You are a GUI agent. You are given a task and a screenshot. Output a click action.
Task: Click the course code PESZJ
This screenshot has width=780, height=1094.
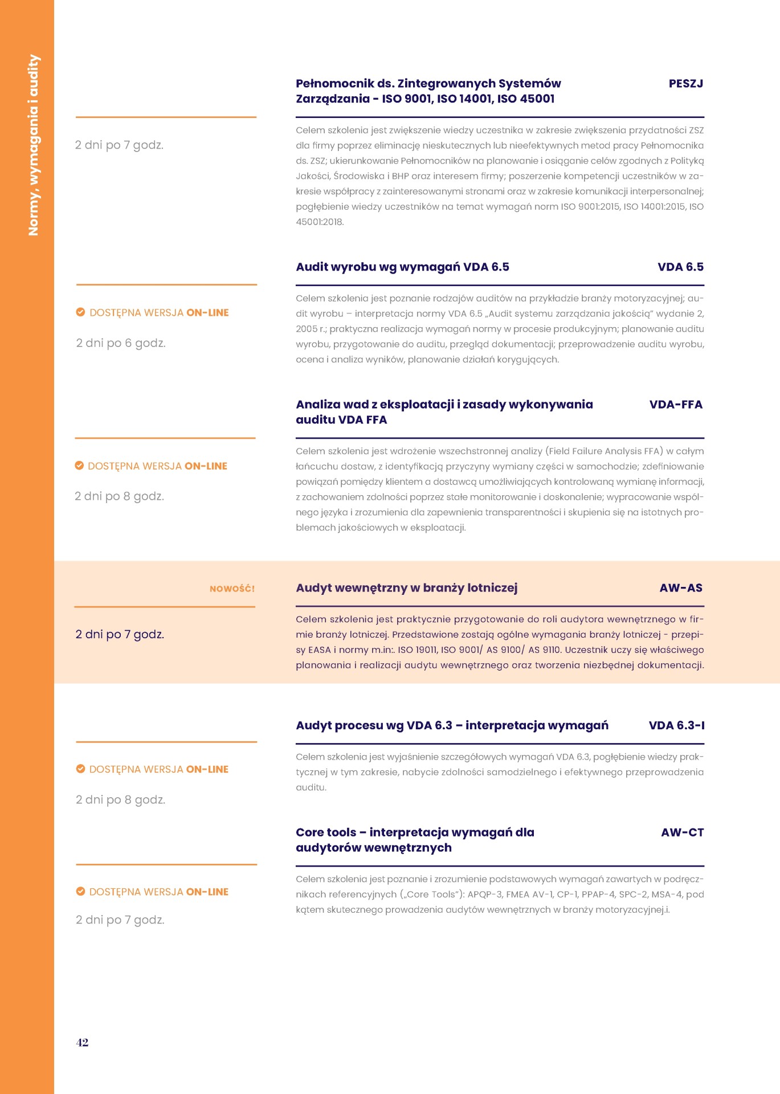[x=685, y=84]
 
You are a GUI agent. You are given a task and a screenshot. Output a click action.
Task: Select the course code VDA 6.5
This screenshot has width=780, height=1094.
[x=680, y=267]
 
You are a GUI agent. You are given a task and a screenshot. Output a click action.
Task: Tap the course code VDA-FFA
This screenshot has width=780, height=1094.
[x=676, y=405]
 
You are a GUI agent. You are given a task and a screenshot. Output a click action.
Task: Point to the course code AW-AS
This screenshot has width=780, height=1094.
[x=681, y=588]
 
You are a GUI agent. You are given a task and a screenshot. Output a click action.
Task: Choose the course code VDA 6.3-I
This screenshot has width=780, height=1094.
[x=676, y=725]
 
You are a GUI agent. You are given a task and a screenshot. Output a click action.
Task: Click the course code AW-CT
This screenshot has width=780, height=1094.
[x=682, y=832]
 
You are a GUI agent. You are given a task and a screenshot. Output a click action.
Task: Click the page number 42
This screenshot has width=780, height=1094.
[x=82, y=1042]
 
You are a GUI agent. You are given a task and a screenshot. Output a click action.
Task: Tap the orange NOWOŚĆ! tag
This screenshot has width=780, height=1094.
[x=232, y=589]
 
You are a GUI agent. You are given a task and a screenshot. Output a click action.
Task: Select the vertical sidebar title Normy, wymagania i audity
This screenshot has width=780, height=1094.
[x=34, y=145]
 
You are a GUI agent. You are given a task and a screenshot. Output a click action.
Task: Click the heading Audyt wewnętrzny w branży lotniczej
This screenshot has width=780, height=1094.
[x=406, y=588]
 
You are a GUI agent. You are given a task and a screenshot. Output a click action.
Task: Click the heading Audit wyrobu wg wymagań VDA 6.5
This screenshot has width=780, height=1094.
[x=402, y=267]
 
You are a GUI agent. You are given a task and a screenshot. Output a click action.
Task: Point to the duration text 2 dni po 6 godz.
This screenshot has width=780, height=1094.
[x=121, y=343]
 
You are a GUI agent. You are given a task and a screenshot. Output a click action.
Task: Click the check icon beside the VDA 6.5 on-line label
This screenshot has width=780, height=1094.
[x=80, y=312]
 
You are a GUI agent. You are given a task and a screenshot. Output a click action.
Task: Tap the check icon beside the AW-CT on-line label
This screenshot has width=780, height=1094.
[x=80, y=891]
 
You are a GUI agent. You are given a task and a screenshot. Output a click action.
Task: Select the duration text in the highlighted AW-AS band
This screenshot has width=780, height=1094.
[x=120, y=634]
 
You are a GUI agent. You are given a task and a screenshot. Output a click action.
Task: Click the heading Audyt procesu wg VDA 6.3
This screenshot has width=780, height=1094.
[x=452, y=725]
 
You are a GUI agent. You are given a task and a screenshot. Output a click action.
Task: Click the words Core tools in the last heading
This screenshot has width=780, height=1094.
[x=325, y=832]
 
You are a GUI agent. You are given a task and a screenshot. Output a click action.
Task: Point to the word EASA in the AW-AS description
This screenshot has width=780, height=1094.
[x=319, y=650]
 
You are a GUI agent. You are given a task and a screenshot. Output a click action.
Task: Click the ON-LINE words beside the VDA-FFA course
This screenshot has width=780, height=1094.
[x=206, y=466]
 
